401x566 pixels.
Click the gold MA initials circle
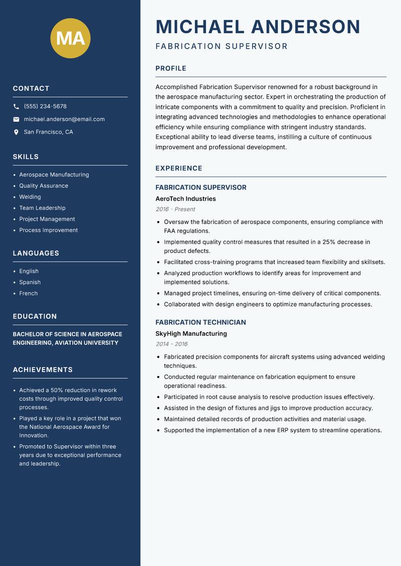pos(71,38)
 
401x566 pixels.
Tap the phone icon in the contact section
pos(16,107)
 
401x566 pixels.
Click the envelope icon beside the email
pos(16,119)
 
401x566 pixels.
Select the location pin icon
pos(16,132)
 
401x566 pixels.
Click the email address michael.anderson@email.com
pos(64,119)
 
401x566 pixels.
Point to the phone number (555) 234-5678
pos(45,107)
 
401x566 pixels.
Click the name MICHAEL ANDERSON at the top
pos(258,27)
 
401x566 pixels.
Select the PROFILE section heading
pos(170,69)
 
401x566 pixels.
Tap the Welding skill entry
pos(30,197)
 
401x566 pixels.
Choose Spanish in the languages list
pos(30,282)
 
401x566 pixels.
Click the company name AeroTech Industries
pos(185,199)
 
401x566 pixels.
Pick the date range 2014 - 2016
pos(171,344)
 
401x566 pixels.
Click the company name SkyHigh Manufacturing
pos(191,334)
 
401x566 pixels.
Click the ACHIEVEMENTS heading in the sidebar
pos(43,370)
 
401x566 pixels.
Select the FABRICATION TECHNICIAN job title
pos(200,323)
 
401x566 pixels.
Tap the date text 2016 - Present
pos(175,209)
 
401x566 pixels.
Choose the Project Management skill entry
pos(47,219)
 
